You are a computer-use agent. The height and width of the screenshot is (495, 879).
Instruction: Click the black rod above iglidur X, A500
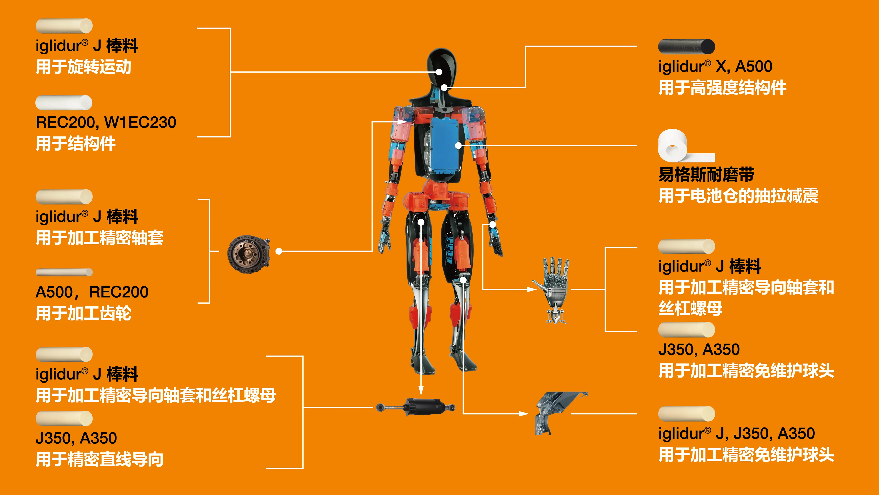[686, 46]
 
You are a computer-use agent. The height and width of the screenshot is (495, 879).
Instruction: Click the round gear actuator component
[249, 254]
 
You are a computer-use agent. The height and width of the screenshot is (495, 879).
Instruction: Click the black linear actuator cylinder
[415, 407]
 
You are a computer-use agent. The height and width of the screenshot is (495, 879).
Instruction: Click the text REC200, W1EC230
[106, 122]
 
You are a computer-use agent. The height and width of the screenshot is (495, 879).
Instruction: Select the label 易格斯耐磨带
[706, 175]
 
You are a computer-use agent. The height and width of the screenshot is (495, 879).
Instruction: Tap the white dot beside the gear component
[279, 251]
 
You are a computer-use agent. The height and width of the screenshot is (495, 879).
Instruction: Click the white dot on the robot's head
[439, 72]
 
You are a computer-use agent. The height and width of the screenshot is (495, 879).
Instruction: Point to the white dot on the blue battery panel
[458, 145]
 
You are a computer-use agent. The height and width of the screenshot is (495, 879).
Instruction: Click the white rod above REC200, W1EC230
[64, 102]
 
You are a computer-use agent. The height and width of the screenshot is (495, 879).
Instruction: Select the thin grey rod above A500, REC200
[64, 272]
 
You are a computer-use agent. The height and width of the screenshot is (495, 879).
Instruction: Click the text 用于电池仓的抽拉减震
[738, 196]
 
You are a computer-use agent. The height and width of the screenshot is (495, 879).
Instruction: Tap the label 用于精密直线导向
[100, 459]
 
